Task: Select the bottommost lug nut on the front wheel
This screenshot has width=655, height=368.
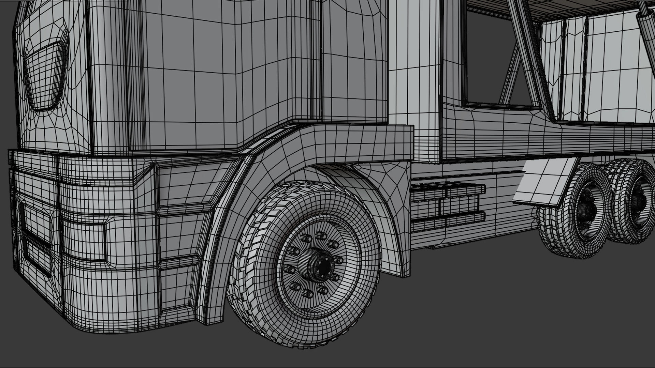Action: [308, 293]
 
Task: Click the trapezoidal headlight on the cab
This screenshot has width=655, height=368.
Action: [44, 77]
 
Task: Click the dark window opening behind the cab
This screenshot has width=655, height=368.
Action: [491, 58]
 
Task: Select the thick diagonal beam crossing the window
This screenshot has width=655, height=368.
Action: [525, 48]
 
